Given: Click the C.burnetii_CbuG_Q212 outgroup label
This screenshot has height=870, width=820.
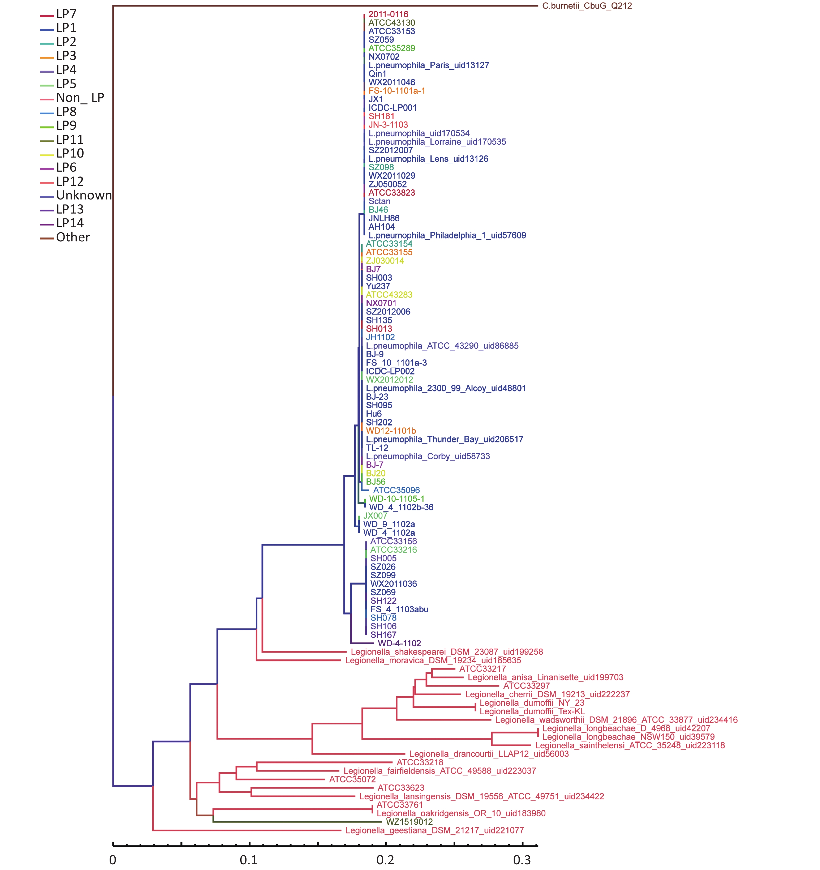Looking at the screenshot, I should [x=587, y=6].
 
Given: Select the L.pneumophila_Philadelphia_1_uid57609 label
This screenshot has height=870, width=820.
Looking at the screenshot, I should [x=447, y=235].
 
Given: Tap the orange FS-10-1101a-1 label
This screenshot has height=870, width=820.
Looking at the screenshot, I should [x=396, y=91].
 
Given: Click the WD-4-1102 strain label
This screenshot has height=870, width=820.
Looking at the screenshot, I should [x=399, y=643].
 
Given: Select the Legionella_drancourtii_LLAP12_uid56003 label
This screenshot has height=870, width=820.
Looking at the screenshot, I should [x=489, y=754].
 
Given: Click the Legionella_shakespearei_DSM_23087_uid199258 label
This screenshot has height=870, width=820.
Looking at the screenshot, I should [x=446, y=652].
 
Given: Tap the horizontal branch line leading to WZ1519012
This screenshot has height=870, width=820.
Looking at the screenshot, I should [x=298, y=822].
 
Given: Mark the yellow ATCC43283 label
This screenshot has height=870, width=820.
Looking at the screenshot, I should [x=389, y=295].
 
